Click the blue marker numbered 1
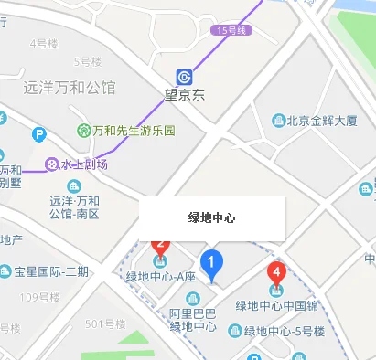212,265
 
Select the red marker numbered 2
161,245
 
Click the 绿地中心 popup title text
212,218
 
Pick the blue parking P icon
39,134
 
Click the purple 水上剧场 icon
51,164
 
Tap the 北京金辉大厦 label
321,120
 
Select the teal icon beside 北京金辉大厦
278,120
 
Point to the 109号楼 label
38,297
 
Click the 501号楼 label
104,324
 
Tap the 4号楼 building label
44,43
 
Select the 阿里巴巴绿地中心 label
192,319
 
